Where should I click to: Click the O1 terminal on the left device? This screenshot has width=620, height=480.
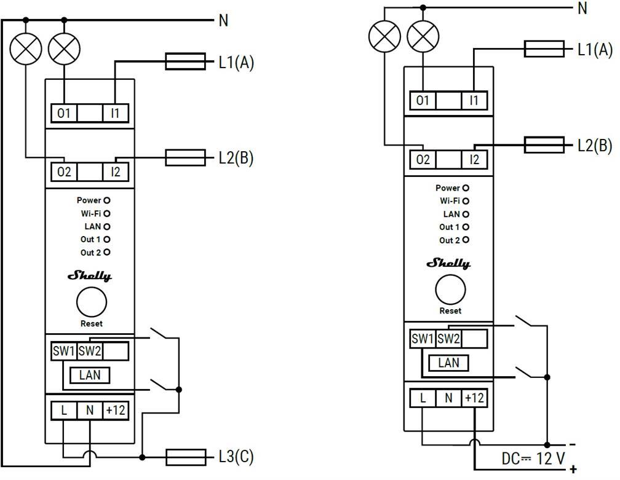coord(64,113)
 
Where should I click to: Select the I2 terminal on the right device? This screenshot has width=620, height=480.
coord(474,160)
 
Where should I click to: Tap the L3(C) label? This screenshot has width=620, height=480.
coord(236,457)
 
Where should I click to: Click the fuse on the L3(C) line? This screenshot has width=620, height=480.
coord(186,457)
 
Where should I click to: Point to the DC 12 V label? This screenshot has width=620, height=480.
coord(534,458)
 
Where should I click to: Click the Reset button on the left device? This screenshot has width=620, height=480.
coord(91,302)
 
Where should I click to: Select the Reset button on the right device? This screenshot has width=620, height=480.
coord(450,289)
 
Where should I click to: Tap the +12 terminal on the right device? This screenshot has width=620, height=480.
coord(474,398)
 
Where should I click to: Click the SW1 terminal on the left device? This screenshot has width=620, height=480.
coord(64,351)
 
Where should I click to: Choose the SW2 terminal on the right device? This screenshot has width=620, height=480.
coord(448,339)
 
